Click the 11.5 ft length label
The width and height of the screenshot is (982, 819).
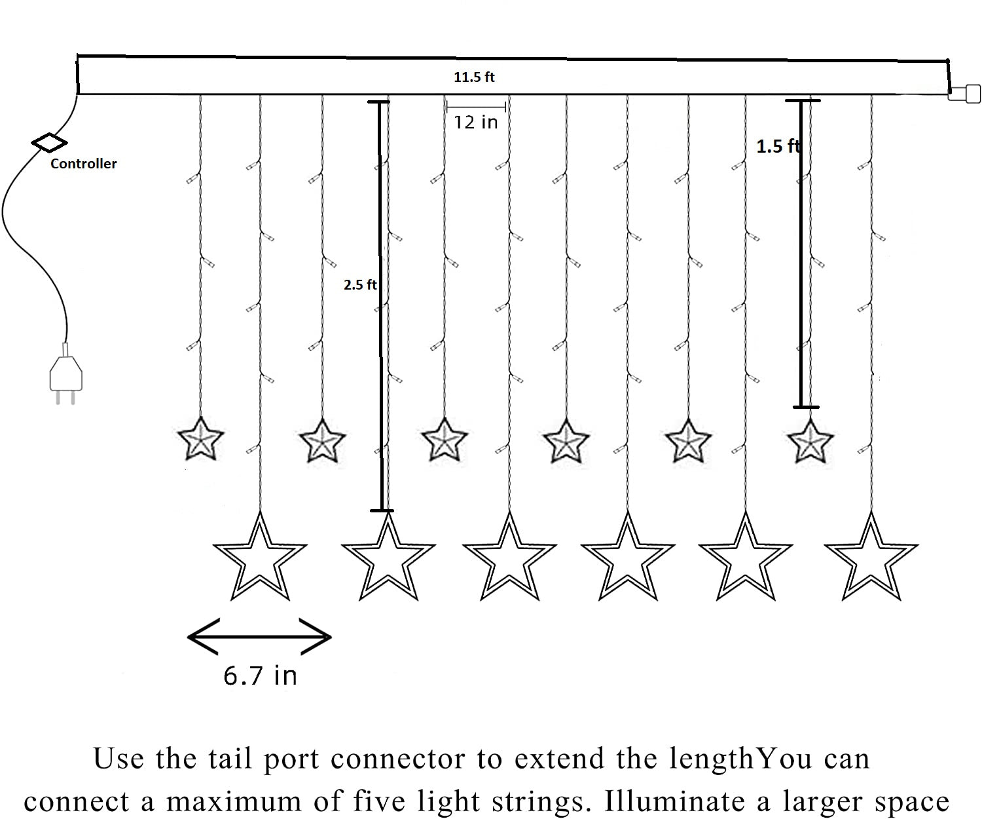coord(474,77)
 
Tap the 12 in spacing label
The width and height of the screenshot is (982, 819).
coord(476,122)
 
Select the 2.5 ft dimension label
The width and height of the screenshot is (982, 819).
coord(360,284)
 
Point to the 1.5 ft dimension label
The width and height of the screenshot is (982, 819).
coord(778,146)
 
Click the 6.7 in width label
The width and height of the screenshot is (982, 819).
coord(260,675)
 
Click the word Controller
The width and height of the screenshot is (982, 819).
coord(83,164)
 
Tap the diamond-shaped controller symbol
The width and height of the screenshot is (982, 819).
coord(49,142)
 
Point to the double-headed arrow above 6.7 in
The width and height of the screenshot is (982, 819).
coord(260,636)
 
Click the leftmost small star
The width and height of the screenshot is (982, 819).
coord(201,440)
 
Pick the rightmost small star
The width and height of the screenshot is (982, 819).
coord(810,441)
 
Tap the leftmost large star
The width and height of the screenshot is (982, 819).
coord(260,559)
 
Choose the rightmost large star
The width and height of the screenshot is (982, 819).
coord(871,559)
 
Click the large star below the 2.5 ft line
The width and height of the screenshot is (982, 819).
coord(388,559)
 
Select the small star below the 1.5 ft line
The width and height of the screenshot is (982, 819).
coord(810,441)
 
